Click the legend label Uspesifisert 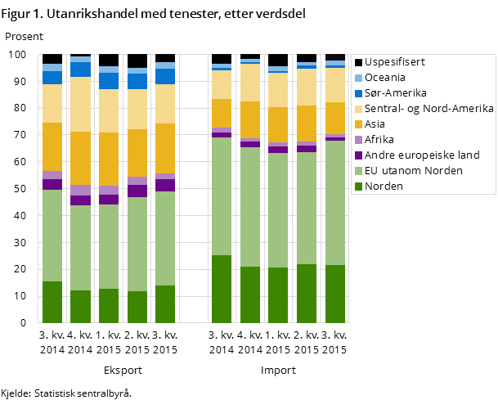coord(394,62)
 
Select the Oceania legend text coord(386,78)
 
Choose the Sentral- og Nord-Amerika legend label coord(428,109)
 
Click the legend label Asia coord(376,124)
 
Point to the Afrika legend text coord(379,140)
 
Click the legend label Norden coord(384,187)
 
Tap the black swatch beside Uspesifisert coord(357,62)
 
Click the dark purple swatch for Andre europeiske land coord(357,155)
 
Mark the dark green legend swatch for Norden coord(357,187)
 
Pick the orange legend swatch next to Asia coord(357,124)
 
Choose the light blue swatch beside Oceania coord(357,78)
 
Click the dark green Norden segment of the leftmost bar coord(52,302)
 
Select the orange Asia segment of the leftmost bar coord(52,146)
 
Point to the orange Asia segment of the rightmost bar coord(335,118)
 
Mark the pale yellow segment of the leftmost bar coord(52,103)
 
